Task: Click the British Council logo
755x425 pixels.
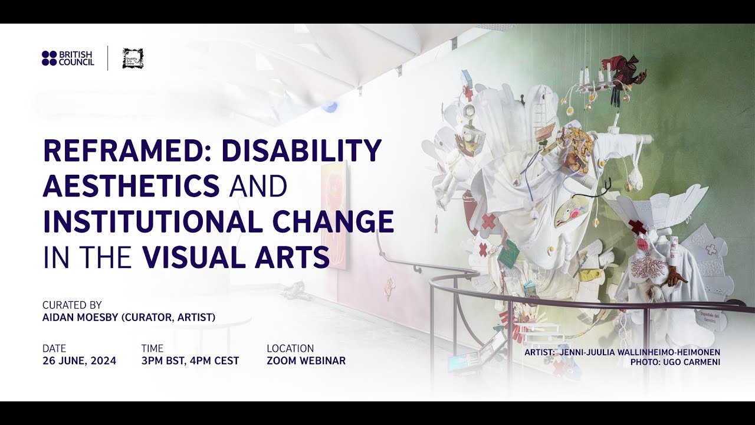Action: pos(68,58)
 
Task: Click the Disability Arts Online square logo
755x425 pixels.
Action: pos(133,58)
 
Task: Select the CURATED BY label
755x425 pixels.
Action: pos(72,305)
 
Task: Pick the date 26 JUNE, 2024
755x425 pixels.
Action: pos(79,361)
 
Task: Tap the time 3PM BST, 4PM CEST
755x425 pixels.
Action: pos(190,361)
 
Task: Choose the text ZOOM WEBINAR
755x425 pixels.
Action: pos(306,361)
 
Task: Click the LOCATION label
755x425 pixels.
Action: pos(290,348)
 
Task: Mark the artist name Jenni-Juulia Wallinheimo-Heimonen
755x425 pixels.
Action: pos(639,352)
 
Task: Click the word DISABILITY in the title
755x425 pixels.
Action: pos(301,151)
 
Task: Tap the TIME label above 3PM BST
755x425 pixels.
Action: pos(152,348)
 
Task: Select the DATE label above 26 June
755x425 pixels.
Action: pos(54,348)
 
